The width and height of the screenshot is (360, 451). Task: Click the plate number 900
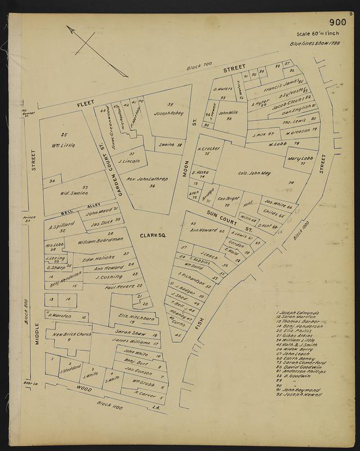337,23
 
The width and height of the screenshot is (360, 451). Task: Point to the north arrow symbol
96,50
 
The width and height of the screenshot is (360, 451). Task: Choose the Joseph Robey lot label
168,113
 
